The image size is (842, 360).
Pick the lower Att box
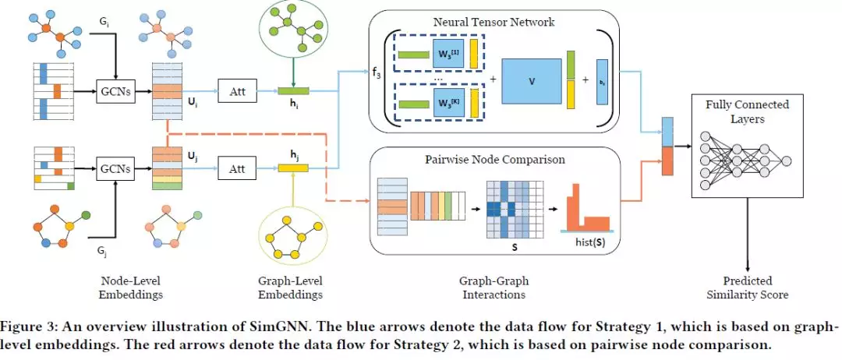(237, 168)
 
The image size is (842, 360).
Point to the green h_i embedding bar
(293, 91)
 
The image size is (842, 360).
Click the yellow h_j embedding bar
(293, 168)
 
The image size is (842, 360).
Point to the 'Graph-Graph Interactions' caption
(494, 288)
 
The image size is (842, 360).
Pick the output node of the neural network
(787, 161)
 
